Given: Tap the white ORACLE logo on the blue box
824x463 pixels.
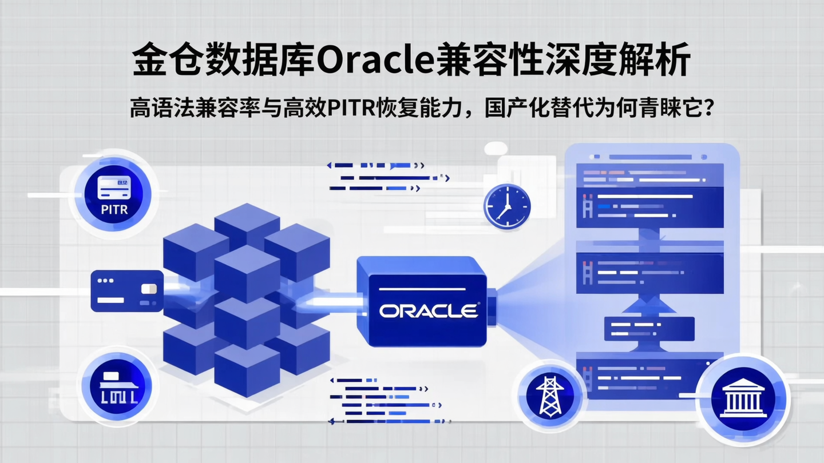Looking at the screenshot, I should pyautogui.click(x=429, y=310).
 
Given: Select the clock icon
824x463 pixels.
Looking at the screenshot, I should pyautogui.click(x=506, y=207).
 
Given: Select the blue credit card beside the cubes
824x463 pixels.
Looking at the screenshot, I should pyautogui.click(x=126, y=291).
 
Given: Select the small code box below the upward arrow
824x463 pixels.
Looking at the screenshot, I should pyautogui.click(x=649, y=328).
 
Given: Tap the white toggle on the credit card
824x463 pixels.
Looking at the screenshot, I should pyautogui.click(x=149, y=289).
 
